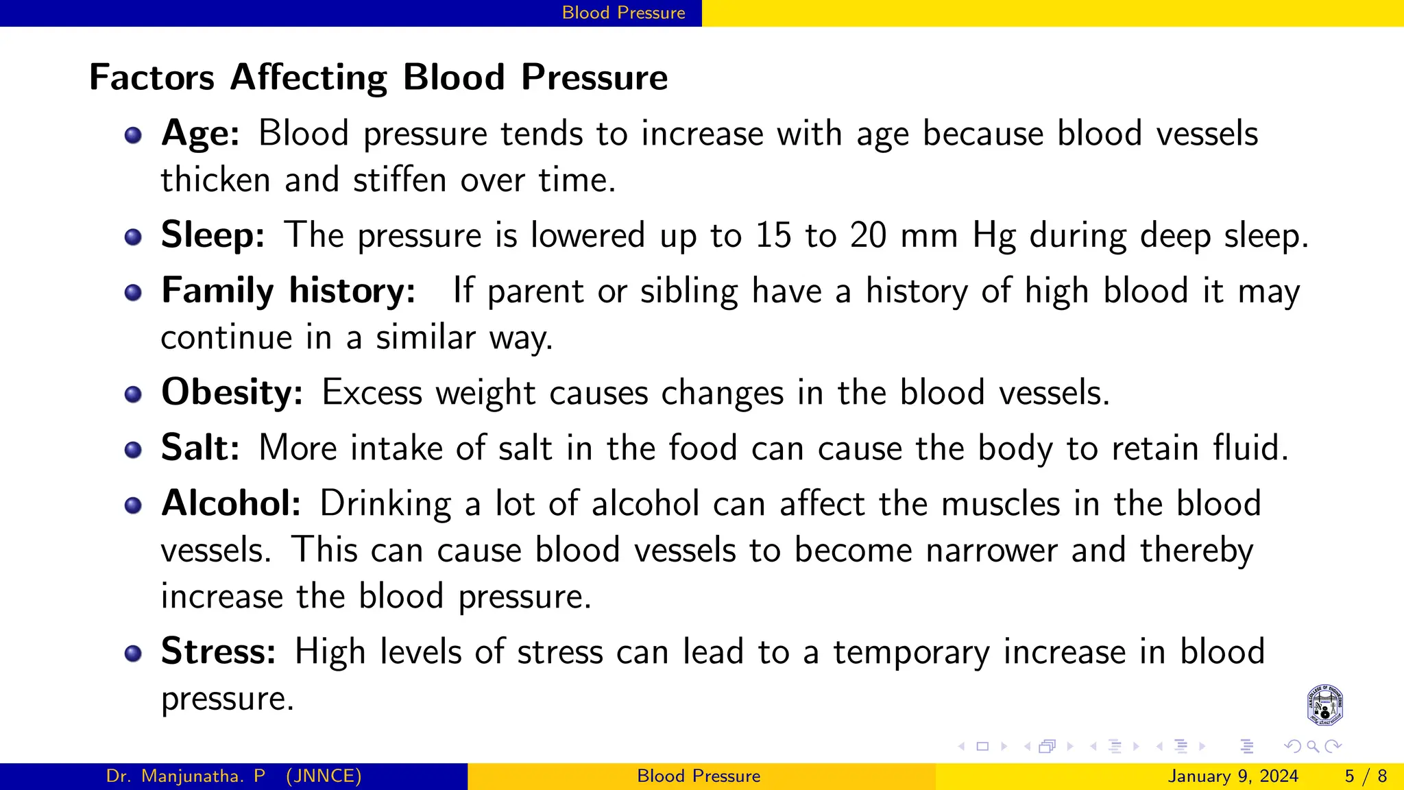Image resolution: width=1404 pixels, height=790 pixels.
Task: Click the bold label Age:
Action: [200, 133]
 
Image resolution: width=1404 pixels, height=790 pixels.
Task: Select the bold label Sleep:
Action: [213, 235]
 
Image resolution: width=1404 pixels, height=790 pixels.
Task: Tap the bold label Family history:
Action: [288, 291]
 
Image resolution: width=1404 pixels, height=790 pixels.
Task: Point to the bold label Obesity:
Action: [232, 393]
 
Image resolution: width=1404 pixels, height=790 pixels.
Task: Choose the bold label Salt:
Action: [200, 448]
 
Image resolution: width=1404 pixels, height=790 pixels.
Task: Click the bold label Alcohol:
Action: [231, 503]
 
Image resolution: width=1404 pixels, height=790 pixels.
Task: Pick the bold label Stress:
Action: [218, 651]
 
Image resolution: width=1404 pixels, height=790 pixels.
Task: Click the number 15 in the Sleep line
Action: [773, 235]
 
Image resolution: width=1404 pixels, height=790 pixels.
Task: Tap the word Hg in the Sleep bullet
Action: [993, 237]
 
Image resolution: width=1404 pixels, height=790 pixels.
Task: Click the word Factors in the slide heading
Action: [152, 77]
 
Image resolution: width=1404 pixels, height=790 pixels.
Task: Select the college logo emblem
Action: [1324, 705]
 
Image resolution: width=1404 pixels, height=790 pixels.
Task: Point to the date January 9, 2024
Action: [1233, 776]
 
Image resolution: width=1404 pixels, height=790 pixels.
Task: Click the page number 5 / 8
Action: [1366, 776]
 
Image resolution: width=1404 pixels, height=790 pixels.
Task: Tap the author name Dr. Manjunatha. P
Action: [186, 776]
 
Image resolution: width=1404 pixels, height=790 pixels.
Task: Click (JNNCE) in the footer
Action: [324, 776]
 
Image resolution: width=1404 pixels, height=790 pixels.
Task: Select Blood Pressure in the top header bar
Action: [623, 13]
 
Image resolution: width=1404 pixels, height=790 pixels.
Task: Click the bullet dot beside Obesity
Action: [133, 394]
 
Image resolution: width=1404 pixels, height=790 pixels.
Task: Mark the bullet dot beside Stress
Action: [133, 653]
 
